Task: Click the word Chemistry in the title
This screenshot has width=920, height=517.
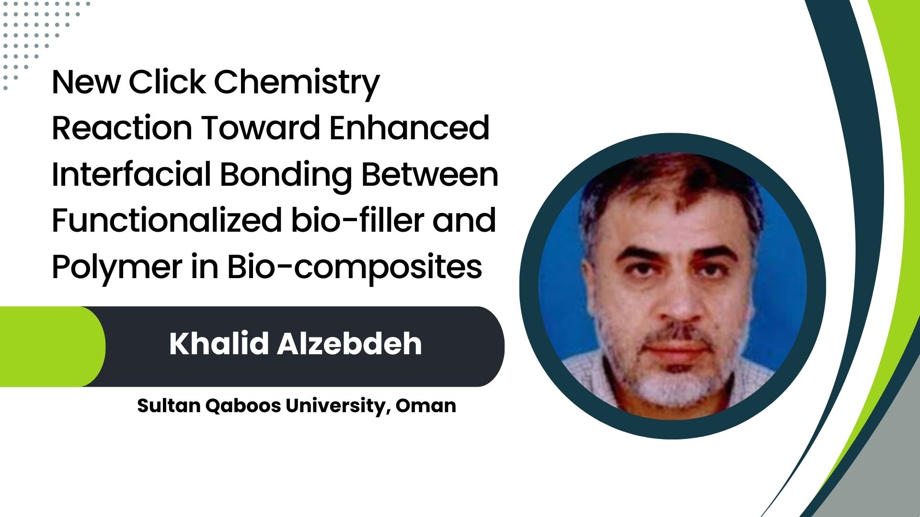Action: (297, 84)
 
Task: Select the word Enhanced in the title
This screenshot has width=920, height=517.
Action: (410, 128)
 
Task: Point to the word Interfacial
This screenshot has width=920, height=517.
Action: (131, 174)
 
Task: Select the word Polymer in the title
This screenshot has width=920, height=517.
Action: (116, 268)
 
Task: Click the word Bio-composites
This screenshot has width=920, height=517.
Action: (354, 268)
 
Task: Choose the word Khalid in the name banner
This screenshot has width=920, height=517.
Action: (218, 343)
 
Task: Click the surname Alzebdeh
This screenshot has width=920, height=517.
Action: (349, 343)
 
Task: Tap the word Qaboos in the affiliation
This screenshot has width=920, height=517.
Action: (243, 406)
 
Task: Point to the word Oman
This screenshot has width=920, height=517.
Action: (426, 406)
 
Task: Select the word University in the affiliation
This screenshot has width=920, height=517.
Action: (336, 406)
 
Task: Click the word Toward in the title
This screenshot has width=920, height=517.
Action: (261, 128)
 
